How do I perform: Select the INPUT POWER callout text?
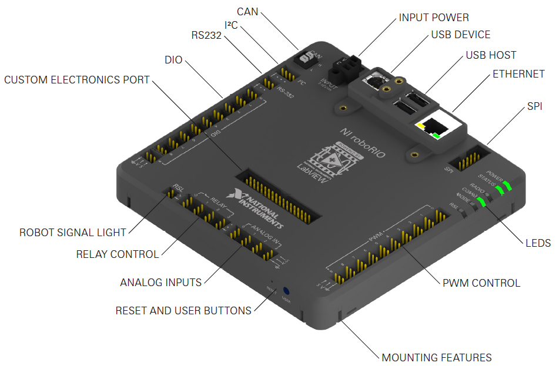[434, 18]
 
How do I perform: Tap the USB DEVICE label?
[460, 35]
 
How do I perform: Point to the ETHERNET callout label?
[518, 74]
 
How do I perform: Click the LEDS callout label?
[537, 243]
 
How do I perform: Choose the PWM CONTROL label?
[481, 283]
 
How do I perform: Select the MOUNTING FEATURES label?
[437, 357]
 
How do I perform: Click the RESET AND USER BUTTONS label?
[183, 310]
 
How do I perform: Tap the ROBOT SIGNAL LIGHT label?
[73, 233]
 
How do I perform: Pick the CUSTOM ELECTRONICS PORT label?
[77, 79]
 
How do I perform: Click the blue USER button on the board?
[287, 291]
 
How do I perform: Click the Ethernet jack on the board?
[436, 127]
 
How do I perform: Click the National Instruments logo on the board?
[259, 208]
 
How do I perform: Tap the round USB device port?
[374, 81]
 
